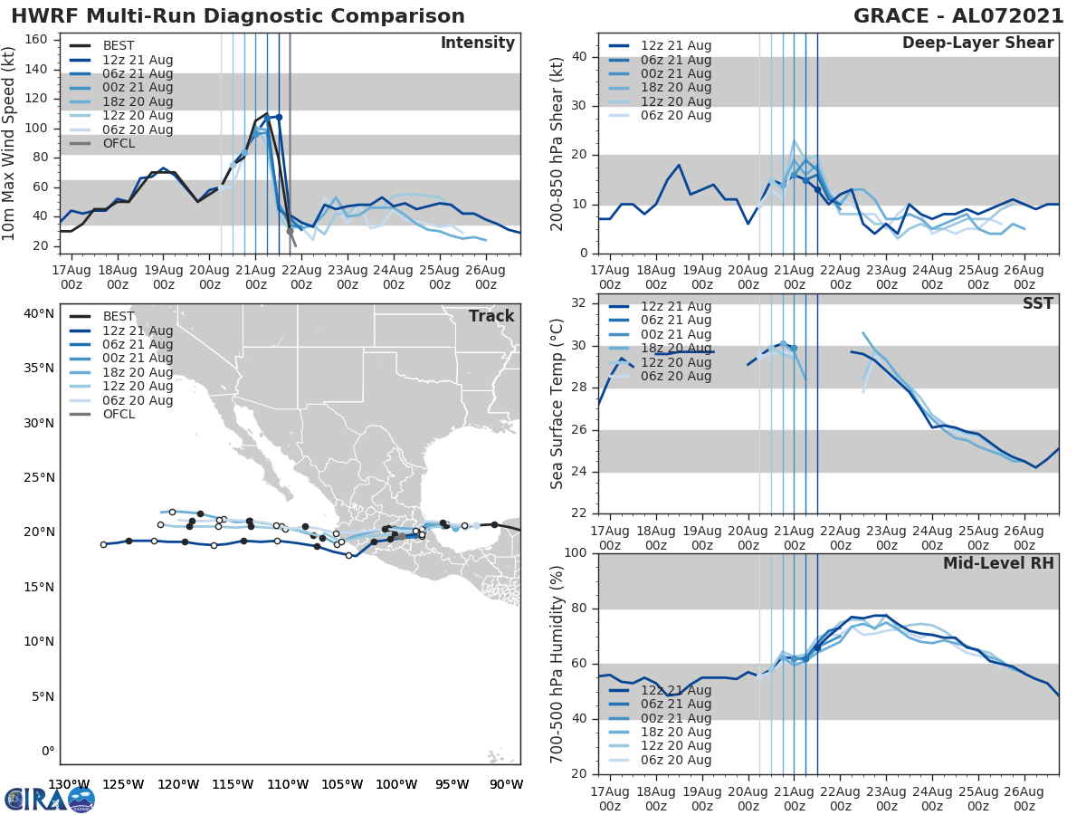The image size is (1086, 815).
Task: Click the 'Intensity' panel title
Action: coord(477,43)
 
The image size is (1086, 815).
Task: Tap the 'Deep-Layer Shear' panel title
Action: coord(977,43)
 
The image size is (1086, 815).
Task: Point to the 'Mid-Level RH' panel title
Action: coord(998,563)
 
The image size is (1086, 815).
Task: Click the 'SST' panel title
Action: coord(1038,303)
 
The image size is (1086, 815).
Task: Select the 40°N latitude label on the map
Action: coord(38,313)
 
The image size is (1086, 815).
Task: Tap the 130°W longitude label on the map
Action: coord(68,784)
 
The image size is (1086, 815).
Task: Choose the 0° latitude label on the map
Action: coord(47,751)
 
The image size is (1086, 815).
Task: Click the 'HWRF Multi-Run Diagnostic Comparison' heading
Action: coord(238,16)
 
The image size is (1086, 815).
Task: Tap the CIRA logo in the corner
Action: coord(49,799)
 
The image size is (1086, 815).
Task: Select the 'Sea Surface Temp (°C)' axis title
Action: coord(557,405)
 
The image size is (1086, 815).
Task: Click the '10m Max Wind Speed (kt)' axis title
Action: coord(10,144)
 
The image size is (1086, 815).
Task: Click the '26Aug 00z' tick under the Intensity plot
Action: coord(485,276)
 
